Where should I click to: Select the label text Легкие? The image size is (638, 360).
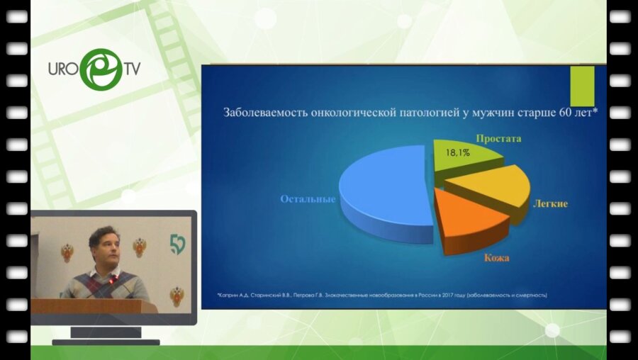point(549,203)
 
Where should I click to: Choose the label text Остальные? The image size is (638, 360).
point(308,199)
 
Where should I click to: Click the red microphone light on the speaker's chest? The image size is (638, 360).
point(111,279)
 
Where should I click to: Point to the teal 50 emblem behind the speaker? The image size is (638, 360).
point(177,245)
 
